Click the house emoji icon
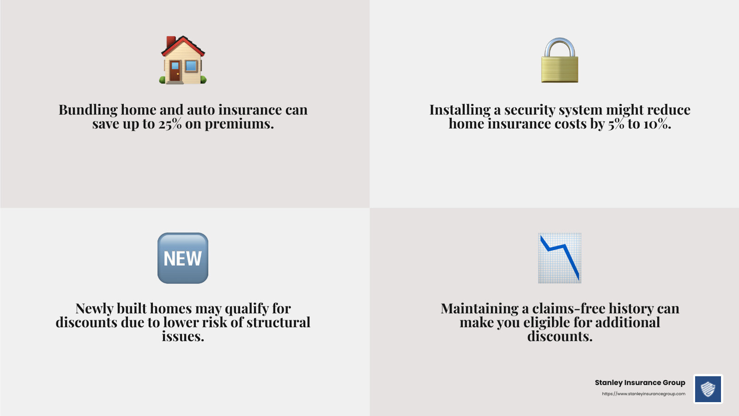183,60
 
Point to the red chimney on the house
170,42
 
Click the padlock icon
559,61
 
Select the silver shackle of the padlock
559,47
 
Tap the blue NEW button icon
183,258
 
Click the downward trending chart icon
559,258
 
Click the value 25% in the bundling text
170,124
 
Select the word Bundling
88,110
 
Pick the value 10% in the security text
657,124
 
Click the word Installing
460,110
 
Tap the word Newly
94,308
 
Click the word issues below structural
183,336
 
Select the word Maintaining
479,308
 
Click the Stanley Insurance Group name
640,383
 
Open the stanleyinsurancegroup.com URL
643,394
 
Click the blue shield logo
708,389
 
